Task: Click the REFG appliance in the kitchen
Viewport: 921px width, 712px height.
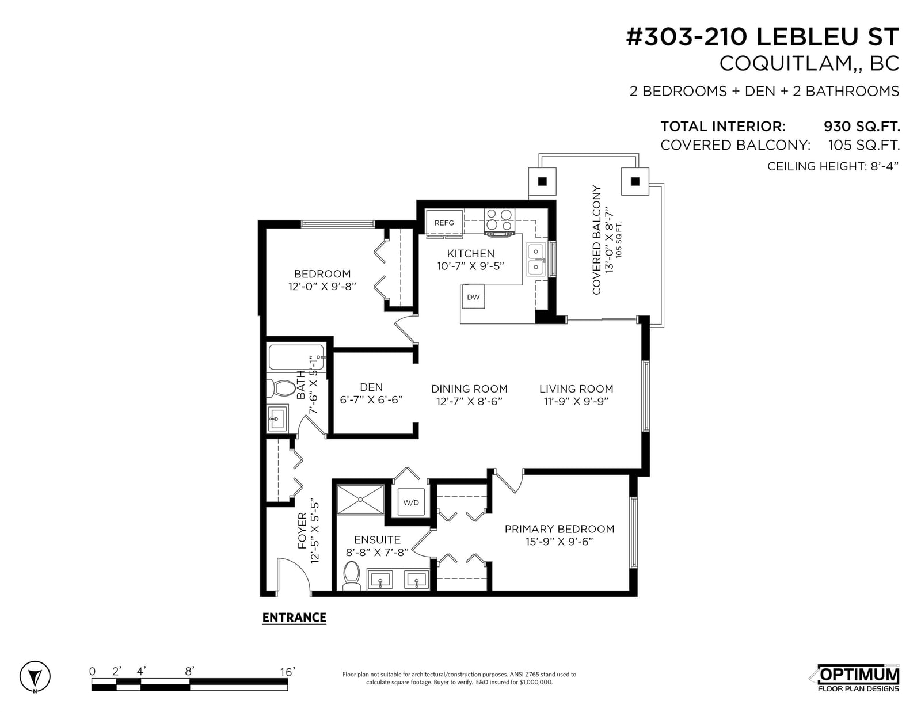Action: [x=444, y=222]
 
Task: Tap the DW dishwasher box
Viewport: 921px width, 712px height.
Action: [x=473, y=296]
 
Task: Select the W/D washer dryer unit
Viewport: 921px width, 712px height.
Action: [x=410, y=502]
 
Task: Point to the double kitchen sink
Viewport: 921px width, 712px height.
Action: [x=536, y=259]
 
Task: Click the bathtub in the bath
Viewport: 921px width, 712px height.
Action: [x=296, y=357]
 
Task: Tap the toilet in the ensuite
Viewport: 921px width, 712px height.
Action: [x=351, y=575]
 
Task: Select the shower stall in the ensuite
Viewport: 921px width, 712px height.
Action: [x=360, y=500]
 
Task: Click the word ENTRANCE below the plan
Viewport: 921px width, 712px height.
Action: [x=294, y=618]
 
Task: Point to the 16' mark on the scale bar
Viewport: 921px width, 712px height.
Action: [x=287, y=672]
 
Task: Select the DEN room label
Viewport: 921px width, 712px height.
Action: [x=371, y=387]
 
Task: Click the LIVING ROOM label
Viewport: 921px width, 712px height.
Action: [x=576, y=389]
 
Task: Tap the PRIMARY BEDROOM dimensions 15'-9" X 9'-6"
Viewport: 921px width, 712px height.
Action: [x=559, y=541]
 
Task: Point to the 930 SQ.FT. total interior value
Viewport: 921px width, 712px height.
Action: [x=862, y=126]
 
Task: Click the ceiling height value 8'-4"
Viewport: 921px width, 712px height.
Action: [x=885, y=166]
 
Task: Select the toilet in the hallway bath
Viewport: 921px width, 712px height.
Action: [x=280, y=388]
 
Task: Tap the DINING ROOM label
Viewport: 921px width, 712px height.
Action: [x=469, y=389]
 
